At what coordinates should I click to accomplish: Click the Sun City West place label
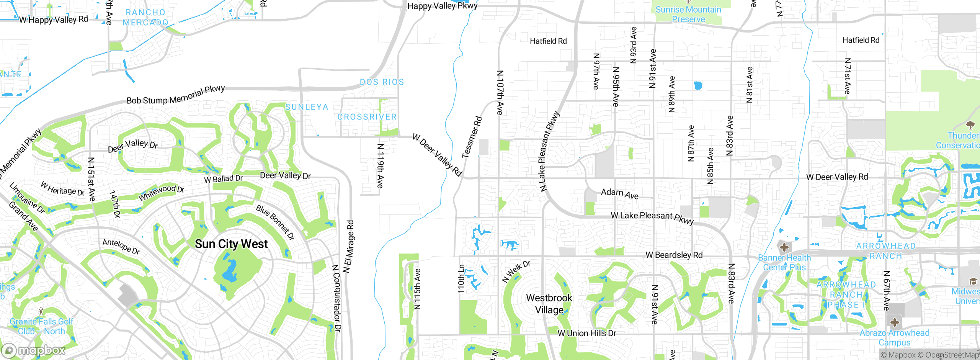tap(231, 244)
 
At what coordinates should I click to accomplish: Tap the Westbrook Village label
tap(549, 304)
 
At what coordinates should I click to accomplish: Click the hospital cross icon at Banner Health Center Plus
tap(784, 247)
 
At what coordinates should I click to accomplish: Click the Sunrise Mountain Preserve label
tap(688, 14)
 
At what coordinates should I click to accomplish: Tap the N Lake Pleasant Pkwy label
tap(549, 152)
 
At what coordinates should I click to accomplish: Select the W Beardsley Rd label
tap(674, 255)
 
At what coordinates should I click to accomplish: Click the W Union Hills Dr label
tap(586, 333)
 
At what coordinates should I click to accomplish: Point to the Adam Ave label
tap(619, 193)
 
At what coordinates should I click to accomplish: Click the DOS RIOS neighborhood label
tap(382, 82)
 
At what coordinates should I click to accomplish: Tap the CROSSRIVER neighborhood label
tap(367, 117)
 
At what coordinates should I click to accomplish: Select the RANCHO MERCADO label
tap(145, 18)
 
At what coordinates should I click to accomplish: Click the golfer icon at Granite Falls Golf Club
tap(41, 311)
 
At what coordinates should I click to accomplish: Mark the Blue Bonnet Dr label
tap(275, 222)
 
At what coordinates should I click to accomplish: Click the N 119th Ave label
tap(380, 166)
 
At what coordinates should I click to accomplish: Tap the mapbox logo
tap(34, 350)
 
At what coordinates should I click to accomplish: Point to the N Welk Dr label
tap(516, 272)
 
